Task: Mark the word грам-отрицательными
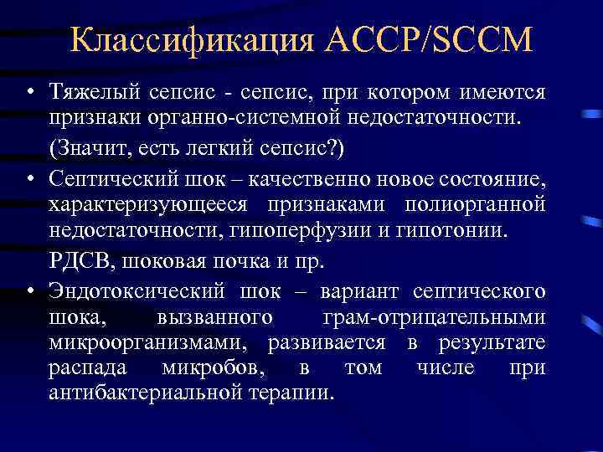(x=434, y=317)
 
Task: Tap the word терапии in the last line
(x=295, y=393)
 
